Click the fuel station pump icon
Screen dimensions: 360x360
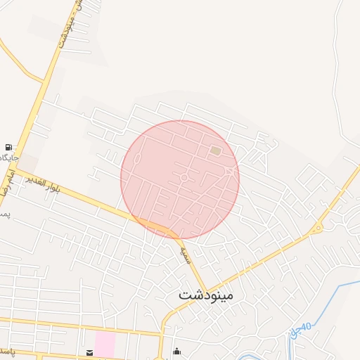(8, 147)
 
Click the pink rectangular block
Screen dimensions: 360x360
(105, 344)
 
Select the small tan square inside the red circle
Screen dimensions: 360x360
(215, 150)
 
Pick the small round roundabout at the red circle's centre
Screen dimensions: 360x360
(184, 179)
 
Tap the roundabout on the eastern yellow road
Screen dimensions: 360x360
(317, 227)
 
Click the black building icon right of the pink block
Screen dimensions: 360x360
(176, 351)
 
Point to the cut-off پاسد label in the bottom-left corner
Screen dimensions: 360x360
(6, 349)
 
